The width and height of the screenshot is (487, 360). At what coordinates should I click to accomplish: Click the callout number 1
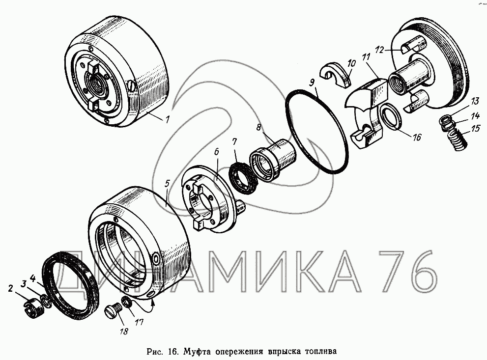[x=168, y=119]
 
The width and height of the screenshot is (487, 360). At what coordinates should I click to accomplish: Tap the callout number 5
[x=168, y=183]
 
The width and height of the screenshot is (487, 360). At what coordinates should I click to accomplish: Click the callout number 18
[x=124, y=331]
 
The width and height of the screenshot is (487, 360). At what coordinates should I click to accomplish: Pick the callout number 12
[x=379, y=50]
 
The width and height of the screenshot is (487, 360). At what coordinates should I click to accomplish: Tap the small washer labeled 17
[x=127, y=302]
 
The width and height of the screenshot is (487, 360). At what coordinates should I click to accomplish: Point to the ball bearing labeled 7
[x=244, y=178]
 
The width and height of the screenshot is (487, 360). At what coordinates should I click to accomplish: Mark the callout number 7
[x=234, y=142]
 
